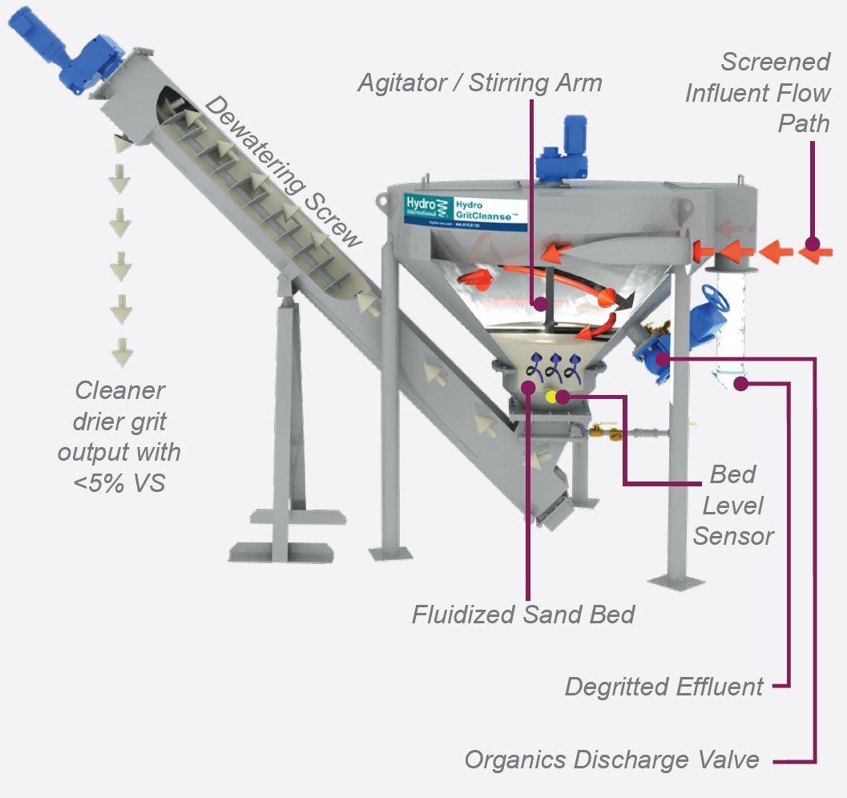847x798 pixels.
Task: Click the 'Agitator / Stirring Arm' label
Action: pos(479,83)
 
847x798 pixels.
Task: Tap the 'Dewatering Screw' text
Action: pos(283,171)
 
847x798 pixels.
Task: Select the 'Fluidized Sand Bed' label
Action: pos(522,615)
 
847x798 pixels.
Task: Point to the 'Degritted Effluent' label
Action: pos(663,687)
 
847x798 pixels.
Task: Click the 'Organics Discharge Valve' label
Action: pos(611,759)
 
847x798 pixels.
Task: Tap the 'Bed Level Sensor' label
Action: pos(733,506)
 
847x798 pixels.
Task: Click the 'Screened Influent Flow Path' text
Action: pos(757,93)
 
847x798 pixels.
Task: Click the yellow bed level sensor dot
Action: pos(552,396)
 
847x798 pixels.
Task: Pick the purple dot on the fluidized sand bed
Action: pos(528,388)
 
